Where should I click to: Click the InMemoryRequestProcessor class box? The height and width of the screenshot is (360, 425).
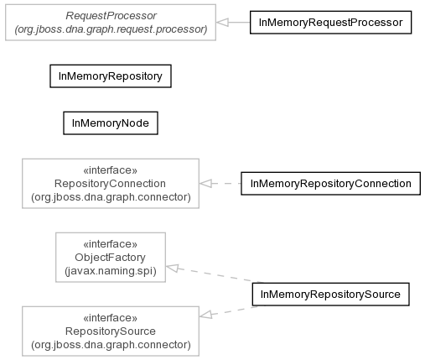330,23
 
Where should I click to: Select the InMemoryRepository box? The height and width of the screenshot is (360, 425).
111,76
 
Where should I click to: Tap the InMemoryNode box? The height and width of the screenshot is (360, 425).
111,123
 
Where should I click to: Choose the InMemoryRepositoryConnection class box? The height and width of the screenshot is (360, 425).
330,184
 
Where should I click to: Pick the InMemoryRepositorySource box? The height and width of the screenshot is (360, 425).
330,295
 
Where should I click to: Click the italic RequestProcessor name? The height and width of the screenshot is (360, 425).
111,16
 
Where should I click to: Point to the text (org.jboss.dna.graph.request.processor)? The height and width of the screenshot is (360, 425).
111,29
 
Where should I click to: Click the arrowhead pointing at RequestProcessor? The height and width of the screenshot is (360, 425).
222,23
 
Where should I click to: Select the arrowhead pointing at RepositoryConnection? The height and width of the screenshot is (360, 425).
205,184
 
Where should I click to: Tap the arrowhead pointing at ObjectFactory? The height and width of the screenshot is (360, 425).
172,268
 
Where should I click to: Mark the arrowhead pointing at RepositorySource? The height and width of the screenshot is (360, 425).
206,315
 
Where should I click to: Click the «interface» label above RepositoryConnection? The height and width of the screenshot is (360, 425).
111,170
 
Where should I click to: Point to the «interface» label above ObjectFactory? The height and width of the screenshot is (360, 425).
111,244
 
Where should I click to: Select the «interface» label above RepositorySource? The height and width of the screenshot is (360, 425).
111,318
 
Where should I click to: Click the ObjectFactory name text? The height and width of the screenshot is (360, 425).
111,258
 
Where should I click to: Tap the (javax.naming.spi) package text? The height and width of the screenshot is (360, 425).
111,271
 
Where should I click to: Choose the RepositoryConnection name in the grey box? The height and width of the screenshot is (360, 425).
110,184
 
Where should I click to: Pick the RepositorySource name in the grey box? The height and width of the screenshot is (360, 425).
111,331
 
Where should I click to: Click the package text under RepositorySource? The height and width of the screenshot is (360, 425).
111,345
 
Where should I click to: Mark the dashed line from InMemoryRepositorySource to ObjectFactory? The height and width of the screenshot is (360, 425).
215,274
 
